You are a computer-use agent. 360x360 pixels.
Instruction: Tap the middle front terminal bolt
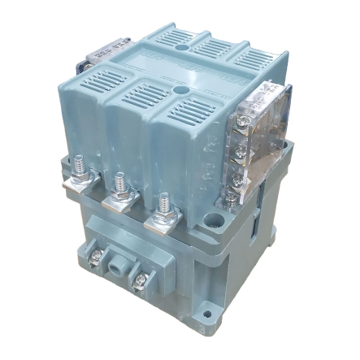click(x=119, y=185)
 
